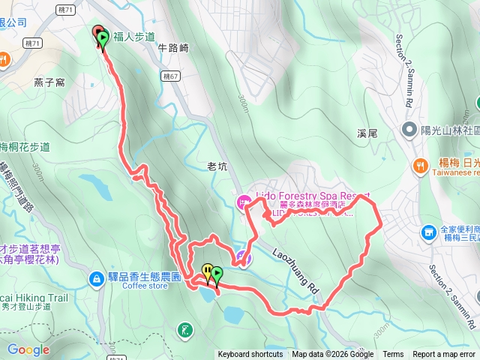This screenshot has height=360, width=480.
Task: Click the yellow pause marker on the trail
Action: [x=207, y=271]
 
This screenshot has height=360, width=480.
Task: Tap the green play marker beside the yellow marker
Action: [x=217, y=274]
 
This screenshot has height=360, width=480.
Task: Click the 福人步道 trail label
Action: [x=135, y=36]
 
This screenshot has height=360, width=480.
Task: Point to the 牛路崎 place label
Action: [x=173, y=47]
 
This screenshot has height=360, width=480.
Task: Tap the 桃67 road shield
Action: [x=170, y=76]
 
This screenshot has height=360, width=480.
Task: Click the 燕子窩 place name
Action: [x=49, y=81]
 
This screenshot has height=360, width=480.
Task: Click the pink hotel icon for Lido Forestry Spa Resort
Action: [x=243, y=202]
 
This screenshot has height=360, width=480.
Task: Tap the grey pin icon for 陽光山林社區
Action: [x=409, y=130]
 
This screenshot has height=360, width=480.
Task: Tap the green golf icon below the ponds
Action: [x=184, y=328]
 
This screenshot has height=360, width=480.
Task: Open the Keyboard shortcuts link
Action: [x=250, y=355]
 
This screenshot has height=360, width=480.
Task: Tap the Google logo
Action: [x=28, y=349]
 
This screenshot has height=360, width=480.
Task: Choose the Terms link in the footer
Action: [x=393, y=355]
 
